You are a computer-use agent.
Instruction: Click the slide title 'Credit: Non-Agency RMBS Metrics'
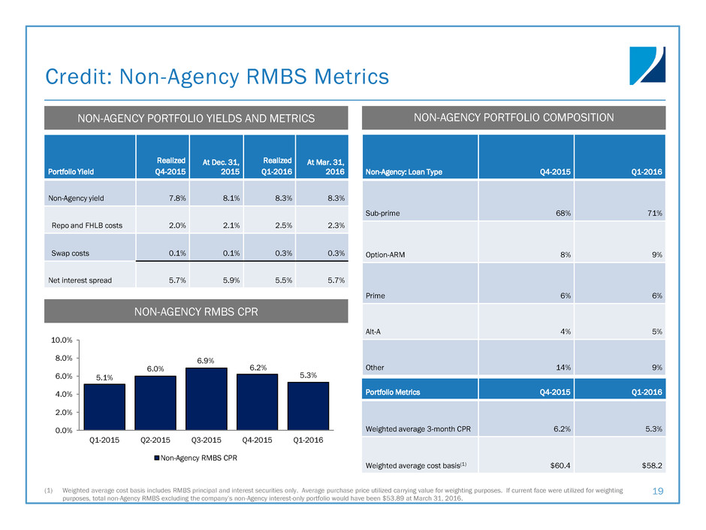tap(217, 77)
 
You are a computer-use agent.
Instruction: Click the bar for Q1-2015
tap(104, 407)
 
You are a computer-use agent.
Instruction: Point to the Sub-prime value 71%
tap(653, 214)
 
